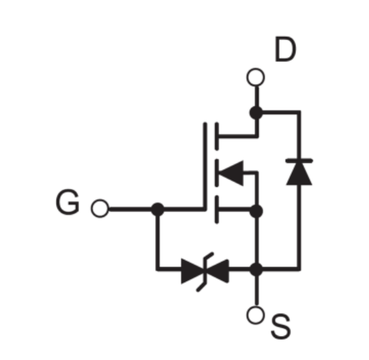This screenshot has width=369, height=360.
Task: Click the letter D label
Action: (286, 49)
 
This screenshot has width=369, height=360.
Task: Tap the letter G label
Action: (68, 202)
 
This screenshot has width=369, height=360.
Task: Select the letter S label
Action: (281, 327)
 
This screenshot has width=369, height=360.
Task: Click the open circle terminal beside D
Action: (256, 77)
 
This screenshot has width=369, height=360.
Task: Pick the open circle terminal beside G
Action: (100, 209)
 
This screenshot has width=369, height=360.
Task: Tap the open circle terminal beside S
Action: (256, 315)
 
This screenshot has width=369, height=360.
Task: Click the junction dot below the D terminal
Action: (256, 112)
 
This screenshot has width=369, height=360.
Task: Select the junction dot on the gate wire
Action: (158, 209)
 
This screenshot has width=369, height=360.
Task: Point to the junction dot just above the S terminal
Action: (256, 269)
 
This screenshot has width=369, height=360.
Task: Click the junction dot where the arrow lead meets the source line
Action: (256, 211)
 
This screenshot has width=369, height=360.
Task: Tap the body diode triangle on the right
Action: (299, 174)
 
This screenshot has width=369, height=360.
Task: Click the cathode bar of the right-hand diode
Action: (299, 161)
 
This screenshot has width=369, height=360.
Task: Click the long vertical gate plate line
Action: (205, 166)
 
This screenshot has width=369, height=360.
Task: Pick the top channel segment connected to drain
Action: (217, 136)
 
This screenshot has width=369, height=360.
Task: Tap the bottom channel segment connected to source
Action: (217, 209)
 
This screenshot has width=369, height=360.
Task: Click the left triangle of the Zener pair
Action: (193, 271)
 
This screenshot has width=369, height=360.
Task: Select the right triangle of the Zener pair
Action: (218, 271)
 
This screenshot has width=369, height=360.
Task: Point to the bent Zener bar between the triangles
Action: (205, 272)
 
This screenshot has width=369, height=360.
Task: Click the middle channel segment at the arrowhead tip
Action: (217, 173)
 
